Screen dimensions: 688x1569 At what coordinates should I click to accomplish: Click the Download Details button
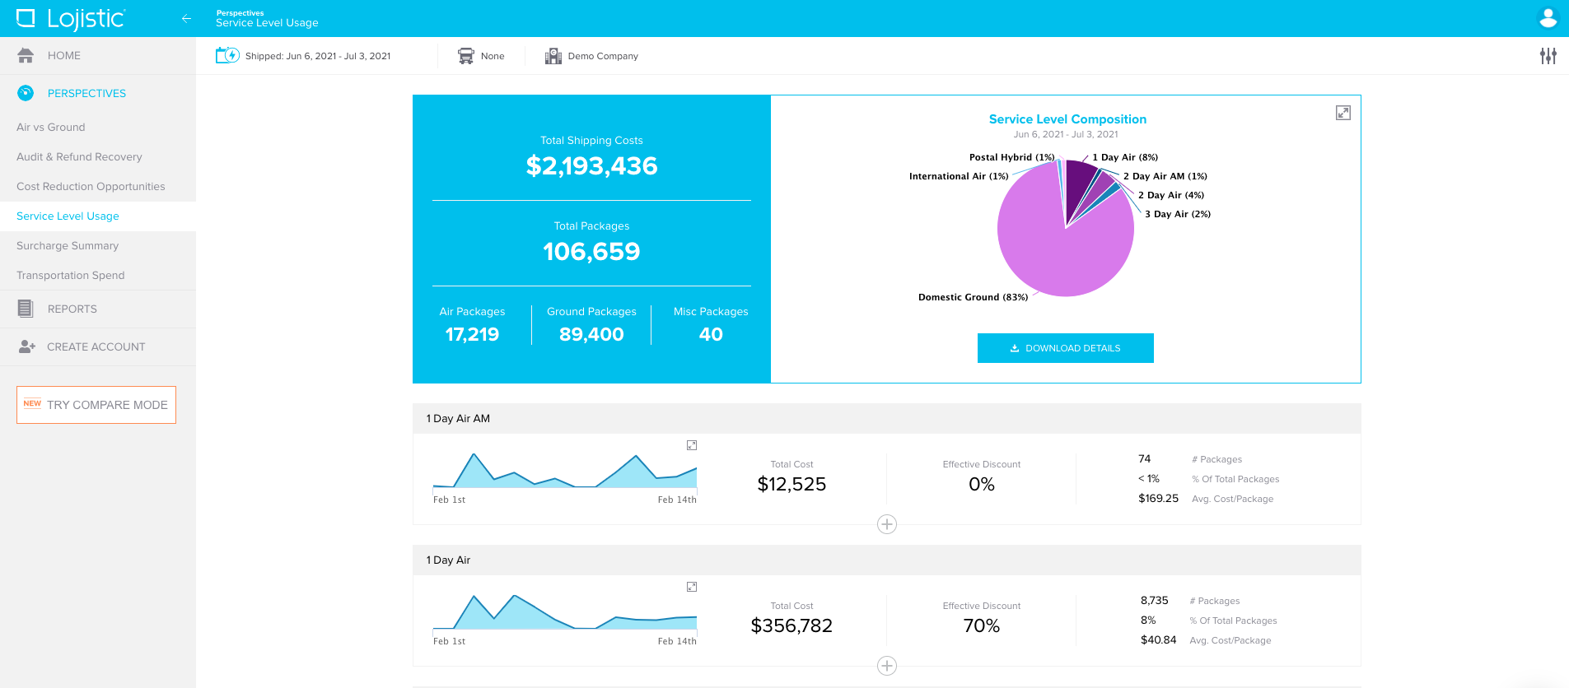[1065, 348]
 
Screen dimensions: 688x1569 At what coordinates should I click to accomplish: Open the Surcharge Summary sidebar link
[68, 246]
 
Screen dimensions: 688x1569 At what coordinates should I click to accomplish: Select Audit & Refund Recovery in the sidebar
[79, 157]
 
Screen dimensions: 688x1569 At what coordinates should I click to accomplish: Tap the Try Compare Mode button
[96, 405]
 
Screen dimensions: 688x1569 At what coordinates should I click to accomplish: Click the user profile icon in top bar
[1548, 18]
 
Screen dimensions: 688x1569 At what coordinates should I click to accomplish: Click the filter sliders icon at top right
[1548, 56]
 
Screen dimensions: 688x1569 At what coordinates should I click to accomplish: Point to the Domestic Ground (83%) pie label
[973, 298]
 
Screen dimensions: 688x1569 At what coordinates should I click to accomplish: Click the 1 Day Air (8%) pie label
[1124, 157]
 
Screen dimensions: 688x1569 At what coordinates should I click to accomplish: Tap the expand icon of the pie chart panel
[1343, 113]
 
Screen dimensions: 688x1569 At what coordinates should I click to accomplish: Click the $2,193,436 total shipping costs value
[591, 166]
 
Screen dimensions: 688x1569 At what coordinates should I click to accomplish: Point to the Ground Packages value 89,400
[591, 335]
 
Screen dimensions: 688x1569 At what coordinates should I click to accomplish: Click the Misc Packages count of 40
[710, 335]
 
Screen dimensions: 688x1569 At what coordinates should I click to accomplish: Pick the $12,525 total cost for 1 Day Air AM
[792, 485]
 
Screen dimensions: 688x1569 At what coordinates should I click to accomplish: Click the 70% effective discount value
[981, 626]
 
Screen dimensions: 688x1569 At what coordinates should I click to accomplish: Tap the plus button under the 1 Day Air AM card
[886, 524]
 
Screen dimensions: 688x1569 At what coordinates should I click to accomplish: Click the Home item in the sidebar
[63, 56]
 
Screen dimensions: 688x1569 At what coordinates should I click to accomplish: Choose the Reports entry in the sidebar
[72, 309]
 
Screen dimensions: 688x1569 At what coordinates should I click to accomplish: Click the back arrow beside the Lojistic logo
[186, 18]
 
